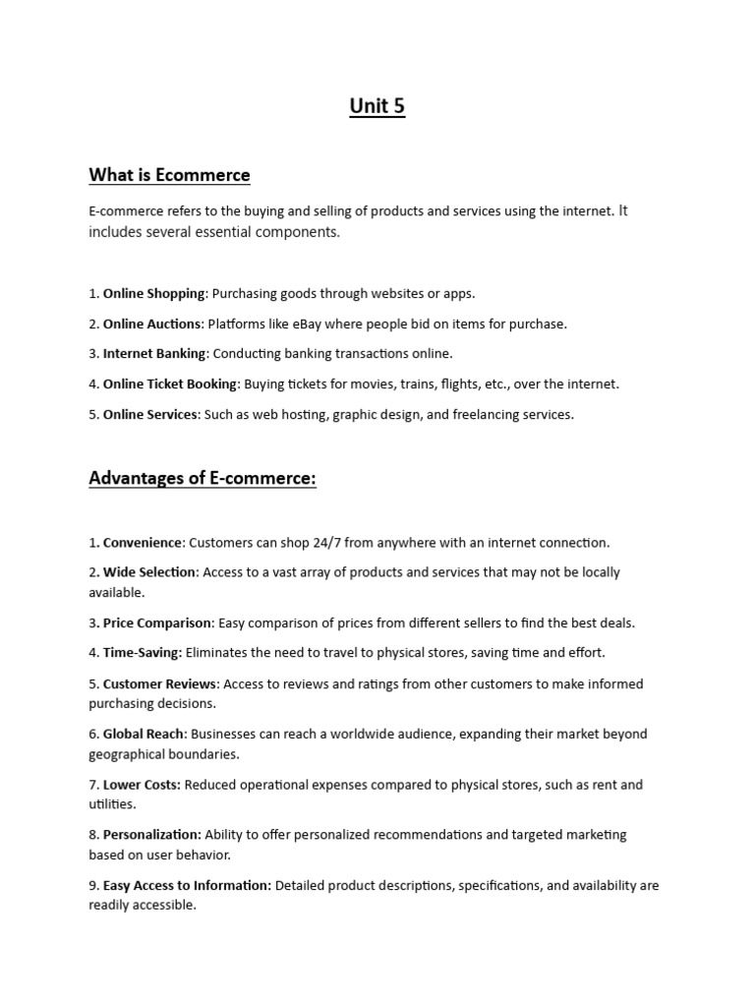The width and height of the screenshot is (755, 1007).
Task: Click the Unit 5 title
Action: [377, 106]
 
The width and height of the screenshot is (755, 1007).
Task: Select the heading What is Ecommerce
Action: [169, 175]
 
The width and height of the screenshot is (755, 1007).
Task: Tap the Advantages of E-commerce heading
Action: [203, 478]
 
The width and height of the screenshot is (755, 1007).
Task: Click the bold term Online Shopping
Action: [154, 293]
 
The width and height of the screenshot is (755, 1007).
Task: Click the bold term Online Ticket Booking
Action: [170, 384]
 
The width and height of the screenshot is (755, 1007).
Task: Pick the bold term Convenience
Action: [143, 542]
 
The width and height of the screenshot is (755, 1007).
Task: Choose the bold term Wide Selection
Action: [150, 572]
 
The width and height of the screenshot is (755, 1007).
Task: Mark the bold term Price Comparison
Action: [157, 622]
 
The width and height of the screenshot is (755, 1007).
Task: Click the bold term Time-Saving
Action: [143, 652]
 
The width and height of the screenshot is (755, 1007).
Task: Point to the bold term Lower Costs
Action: [142, 785]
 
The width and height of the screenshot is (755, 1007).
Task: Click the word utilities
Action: [111, 804]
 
